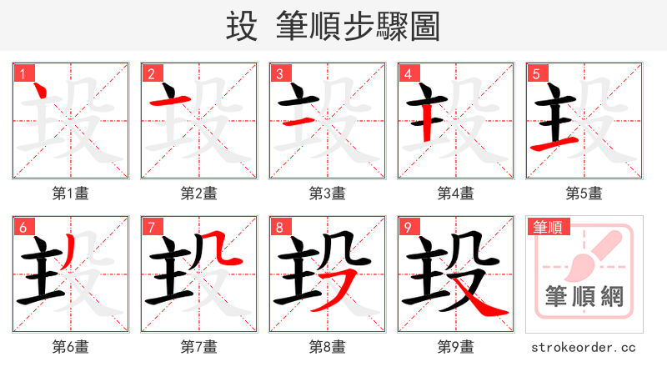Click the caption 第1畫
coord(71,193)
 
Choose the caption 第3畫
coord(328,193)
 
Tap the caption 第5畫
coord(584,193)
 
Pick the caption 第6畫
coord(71,346)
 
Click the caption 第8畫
coord(328,346)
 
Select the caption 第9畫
coord(456,346)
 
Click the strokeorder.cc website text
coord(584,346)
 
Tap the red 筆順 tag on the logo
coord(546,227)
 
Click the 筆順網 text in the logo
coord(584,296)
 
